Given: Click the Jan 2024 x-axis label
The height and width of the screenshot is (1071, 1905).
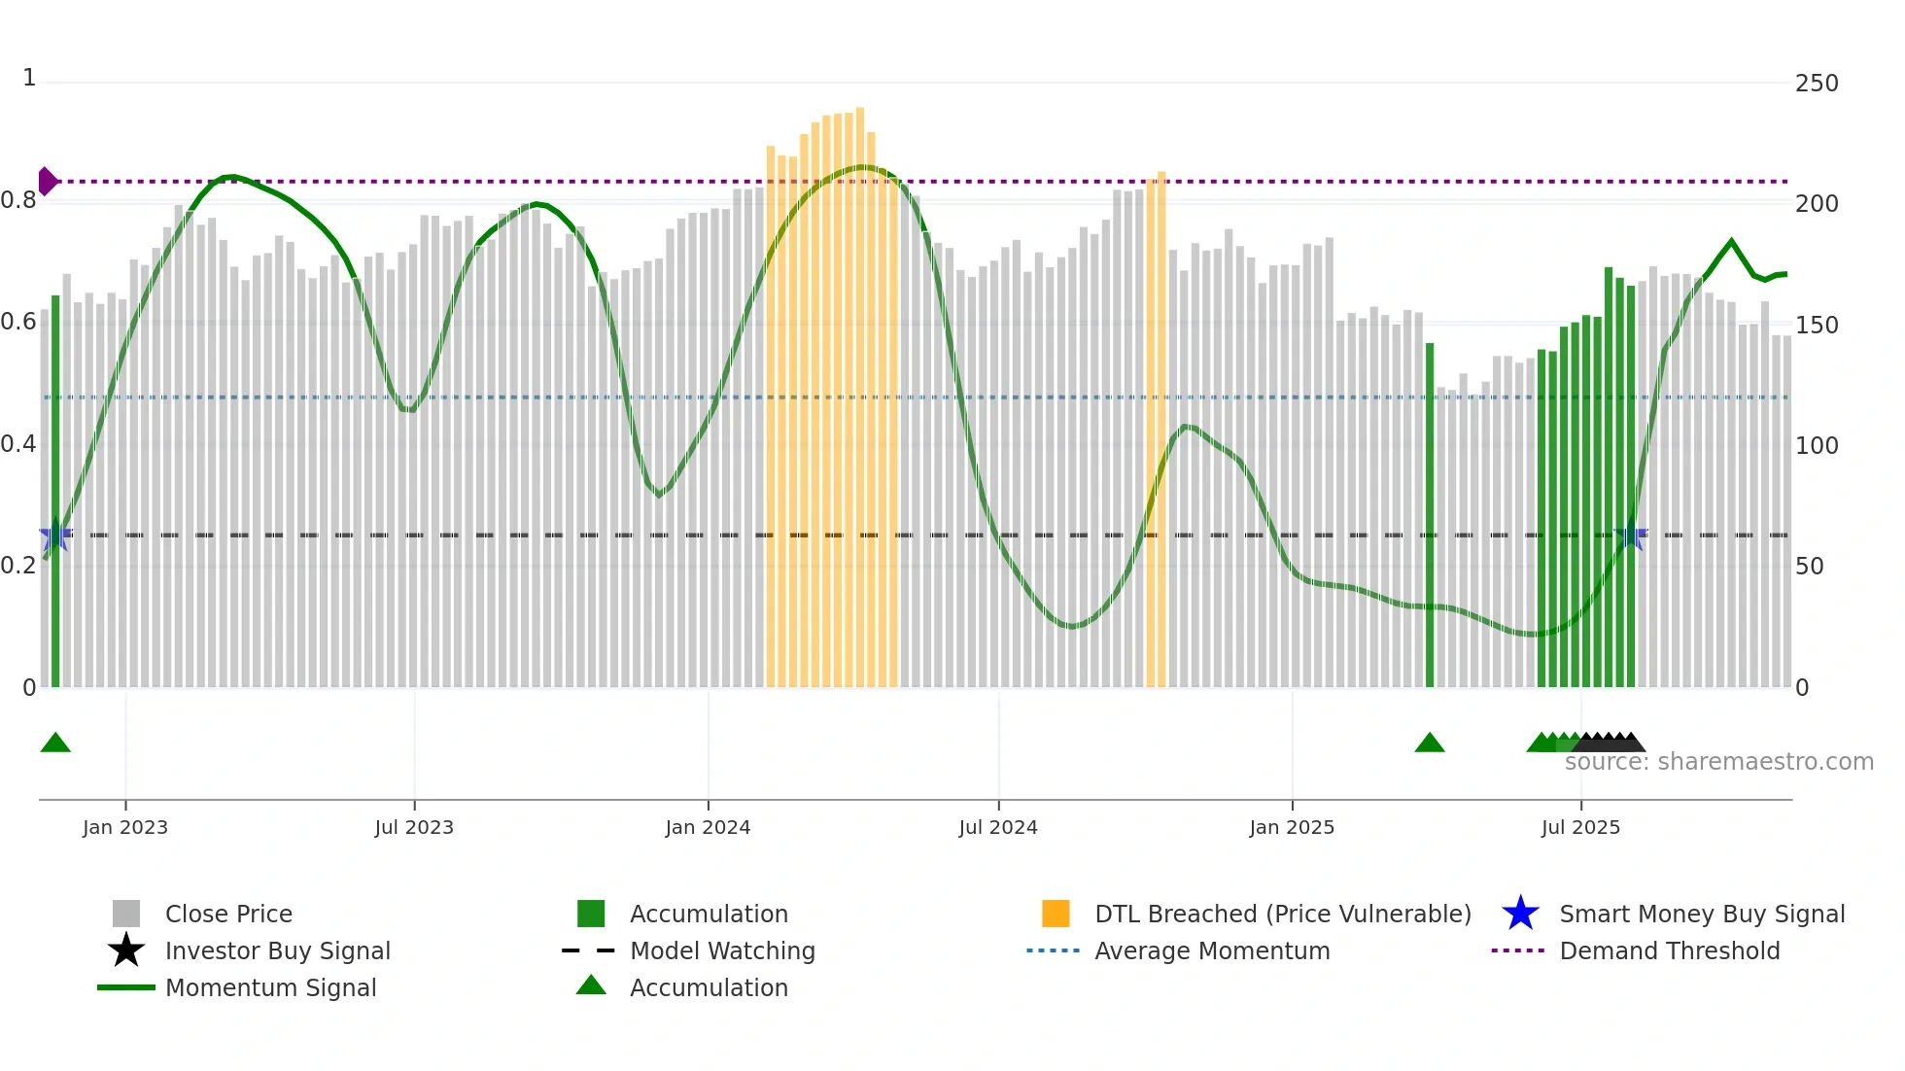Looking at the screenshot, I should pos(708,827).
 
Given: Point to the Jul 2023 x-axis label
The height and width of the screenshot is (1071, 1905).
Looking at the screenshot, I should pos(414,827).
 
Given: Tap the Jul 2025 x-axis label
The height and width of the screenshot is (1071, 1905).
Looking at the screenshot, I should pos(1580,827).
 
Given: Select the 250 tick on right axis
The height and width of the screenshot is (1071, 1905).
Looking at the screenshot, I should pos(1816,84).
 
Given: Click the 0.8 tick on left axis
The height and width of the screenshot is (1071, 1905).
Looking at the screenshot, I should pos(18,200).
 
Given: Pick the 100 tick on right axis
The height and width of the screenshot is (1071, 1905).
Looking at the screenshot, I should pos(1816,446).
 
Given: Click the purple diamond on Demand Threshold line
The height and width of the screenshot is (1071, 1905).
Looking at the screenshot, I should pos(47,181).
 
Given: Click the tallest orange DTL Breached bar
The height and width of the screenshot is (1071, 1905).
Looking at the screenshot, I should pos(860,389).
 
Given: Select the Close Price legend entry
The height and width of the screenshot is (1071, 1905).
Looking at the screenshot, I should pos(228,914).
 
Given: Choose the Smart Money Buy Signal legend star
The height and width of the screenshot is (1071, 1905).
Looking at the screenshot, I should pos(1520,914).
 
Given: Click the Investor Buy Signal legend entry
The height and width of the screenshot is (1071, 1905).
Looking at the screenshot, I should pos(277,950).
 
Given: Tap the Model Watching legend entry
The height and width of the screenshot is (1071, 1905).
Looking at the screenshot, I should pos(721,950).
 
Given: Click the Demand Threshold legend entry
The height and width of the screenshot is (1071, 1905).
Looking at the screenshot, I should pos(1669,950).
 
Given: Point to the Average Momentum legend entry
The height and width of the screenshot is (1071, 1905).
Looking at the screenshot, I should pos(1211,950).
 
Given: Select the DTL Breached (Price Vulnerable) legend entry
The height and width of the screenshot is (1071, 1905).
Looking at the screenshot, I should pos(1282,914).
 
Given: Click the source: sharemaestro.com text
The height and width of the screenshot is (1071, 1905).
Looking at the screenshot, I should pos(1718,762).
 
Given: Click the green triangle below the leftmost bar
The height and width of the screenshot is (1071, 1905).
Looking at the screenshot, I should pos(55,743).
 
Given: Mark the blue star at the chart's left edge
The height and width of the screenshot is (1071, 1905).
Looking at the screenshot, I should pos(55,535).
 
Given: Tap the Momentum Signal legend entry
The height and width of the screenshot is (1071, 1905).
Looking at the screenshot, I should pos(270,987).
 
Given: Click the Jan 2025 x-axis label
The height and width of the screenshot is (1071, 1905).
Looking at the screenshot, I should pos(1291,827).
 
